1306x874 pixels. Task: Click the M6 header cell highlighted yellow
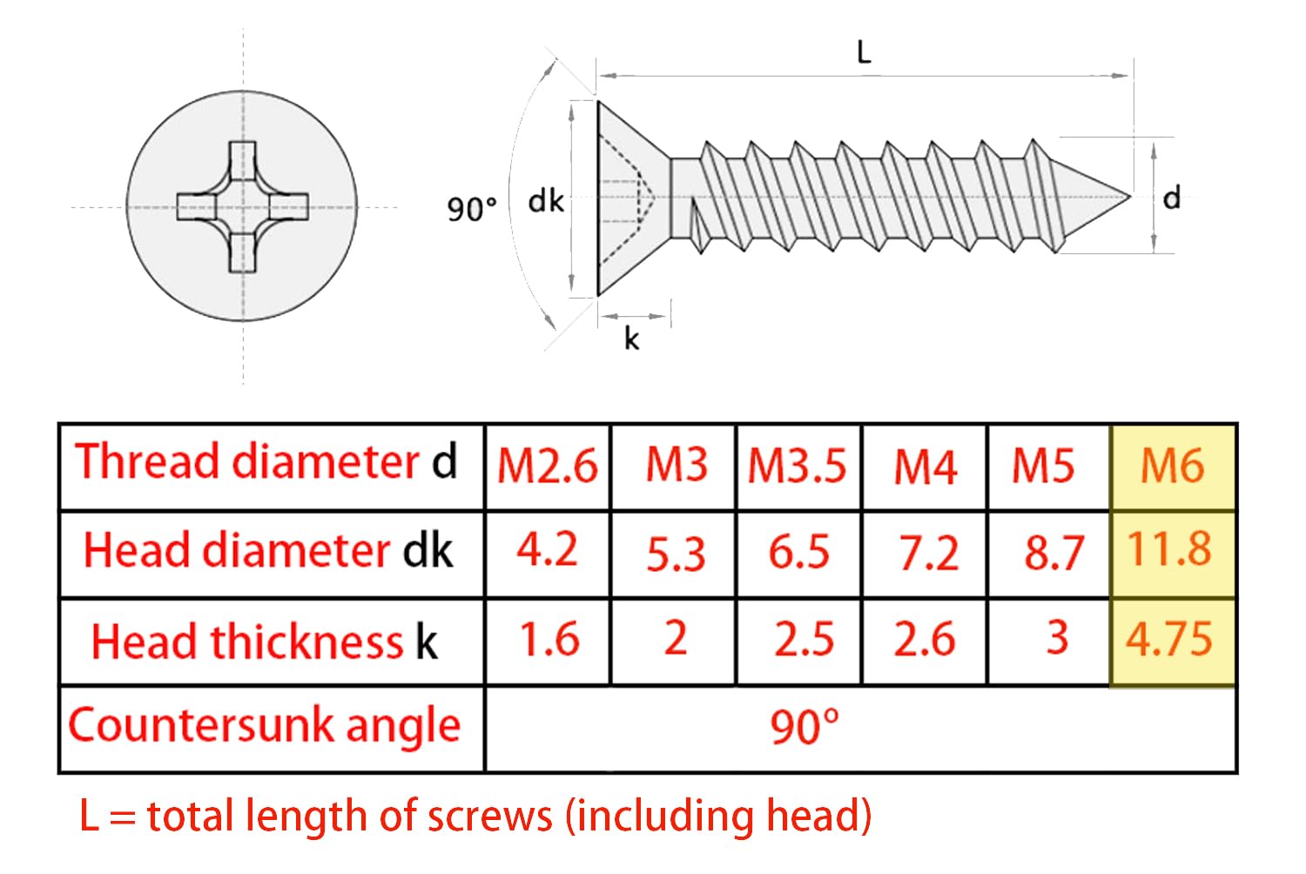coord(1173,467)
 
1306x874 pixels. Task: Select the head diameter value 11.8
coord(1169,549)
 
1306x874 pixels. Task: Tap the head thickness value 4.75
coord(1169,640)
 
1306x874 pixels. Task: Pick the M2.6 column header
coord(548,467)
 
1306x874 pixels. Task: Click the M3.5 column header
coord(797,466)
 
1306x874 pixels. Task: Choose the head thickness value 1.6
coord(549,640)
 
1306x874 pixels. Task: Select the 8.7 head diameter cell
coord(1054,553)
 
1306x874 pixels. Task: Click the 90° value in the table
coord(804,727)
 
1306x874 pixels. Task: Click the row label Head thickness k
coord(265,642)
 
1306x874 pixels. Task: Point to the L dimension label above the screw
coord(864,52)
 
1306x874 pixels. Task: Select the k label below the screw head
coord(631,338)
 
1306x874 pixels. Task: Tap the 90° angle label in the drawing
coord(472,209)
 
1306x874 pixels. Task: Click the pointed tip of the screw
coord(1130,197)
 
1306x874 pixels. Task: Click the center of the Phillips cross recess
coord(243,206)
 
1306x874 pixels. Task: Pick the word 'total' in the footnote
coord(190,816)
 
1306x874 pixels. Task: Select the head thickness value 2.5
coord(804,640)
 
